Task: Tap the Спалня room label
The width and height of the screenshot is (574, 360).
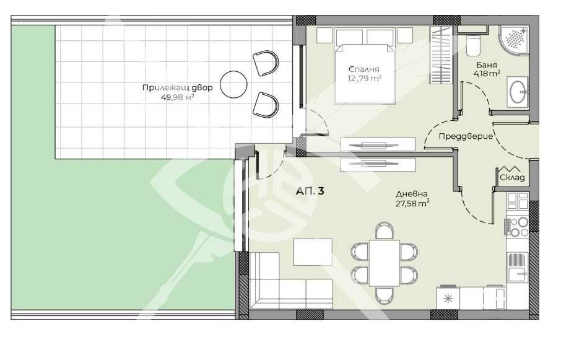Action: point(363,69)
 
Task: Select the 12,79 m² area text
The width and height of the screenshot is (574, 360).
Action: point(363,78)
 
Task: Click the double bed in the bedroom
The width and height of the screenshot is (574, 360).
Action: point(365,65)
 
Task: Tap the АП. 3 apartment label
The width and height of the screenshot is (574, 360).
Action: point(310,191)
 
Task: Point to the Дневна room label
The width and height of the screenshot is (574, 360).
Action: point(412,193)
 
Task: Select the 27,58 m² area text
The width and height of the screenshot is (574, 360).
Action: point(412,203)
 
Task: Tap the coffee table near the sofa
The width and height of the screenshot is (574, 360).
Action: point(313,252)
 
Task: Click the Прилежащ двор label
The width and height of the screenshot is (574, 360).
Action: point(178,87)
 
